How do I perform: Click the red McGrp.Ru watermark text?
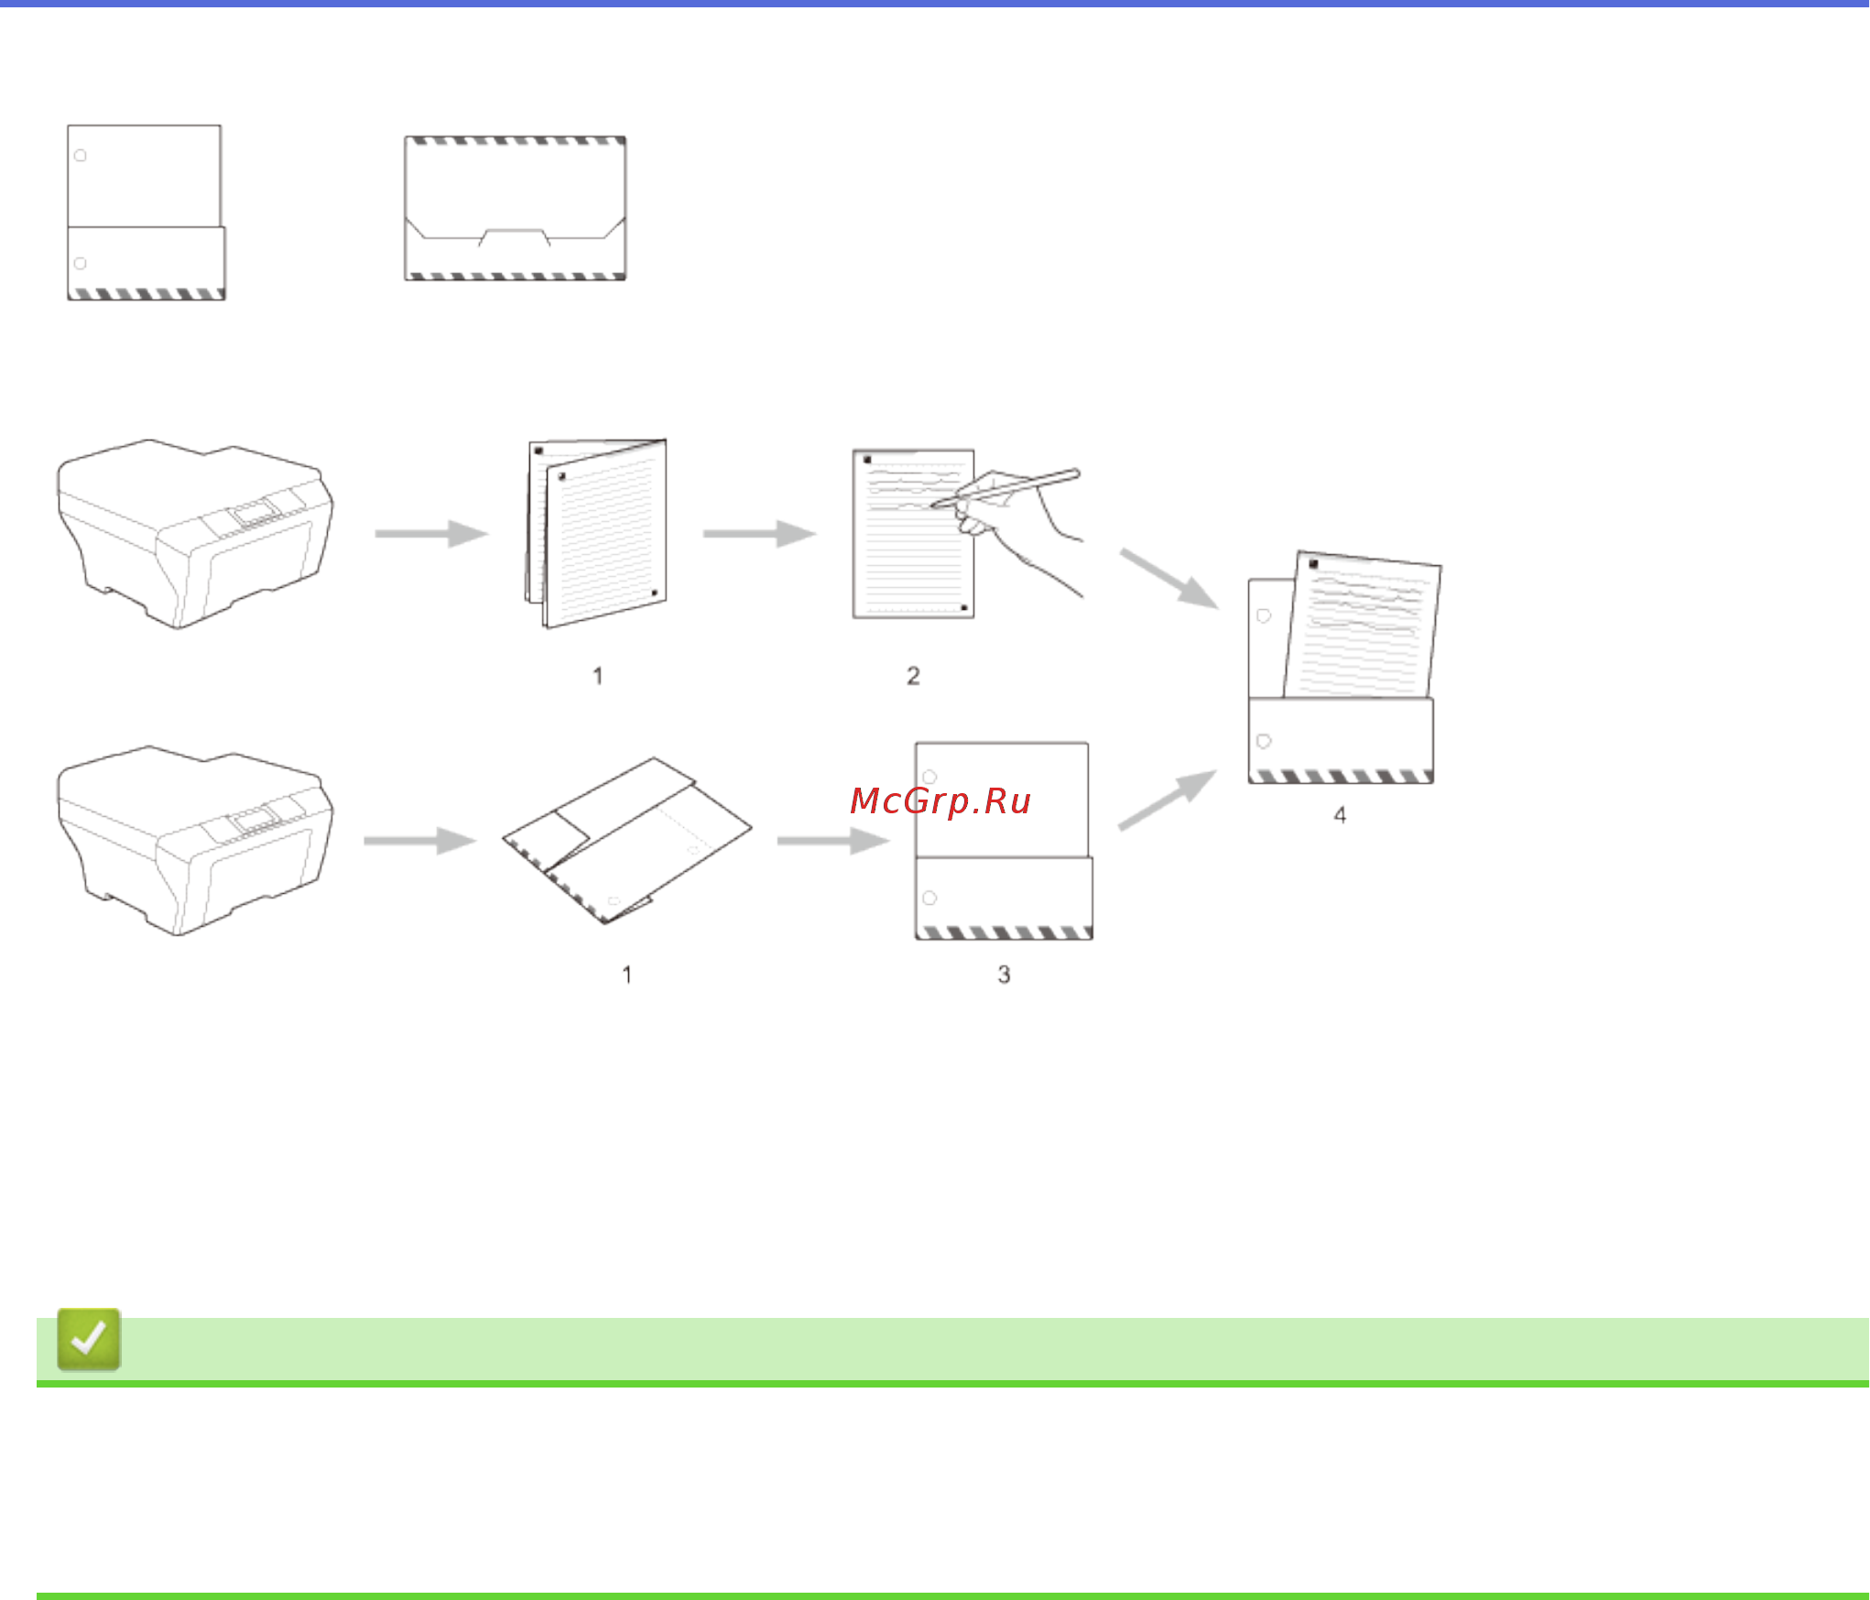pyautogui.click(x=940, y=801)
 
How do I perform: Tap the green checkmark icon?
pyautogui.click(x=89, y=1339)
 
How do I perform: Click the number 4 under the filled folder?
pyautogui.click(x=1340, y=815)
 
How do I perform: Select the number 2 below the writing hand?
pyautogui.click(x=913, y=676)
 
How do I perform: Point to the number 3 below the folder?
pyautogui.click(x=1004, y=974)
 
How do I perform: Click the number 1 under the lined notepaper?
pyautogui.click(x=598, y=676)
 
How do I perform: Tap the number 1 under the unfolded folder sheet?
pyautogui.click(x=627, y=974)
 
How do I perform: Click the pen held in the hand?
pyautogui.click(x=1007, y=487)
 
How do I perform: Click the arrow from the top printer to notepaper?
pyautogui.click(x=431, y=534)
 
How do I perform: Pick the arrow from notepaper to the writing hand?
pyautogui.click(x=759, y=534)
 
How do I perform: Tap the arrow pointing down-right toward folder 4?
pyautogui.click(x=1169, y=578)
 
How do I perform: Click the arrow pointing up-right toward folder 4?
pyautogui.click(x=1168, y=800)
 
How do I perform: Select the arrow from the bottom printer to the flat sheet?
pyautogui.click(x=419, y=841)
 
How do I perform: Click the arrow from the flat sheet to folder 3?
pyautogui.click(x=832, y=841)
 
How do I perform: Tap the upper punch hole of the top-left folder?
pyautogui.click(x=81, y=156)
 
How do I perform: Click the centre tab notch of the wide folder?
pyautogui.click(x=514, y=236)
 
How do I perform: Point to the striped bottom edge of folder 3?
pyautogui.click(x=1004, y=932)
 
